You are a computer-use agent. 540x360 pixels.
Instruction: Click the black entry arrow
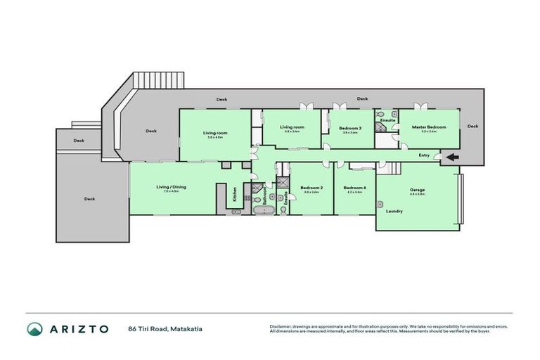coord(451,157)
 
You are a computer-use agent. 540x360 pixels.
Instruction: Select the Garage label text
coord(418,190)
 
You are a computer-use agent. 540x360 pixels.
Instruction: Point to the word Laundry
coord(394,210)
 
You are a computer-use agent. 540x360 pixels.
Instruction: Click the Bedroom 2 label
coord(311,187)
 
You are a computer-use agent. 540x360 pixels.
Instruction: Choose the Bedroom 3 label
coord(350,127)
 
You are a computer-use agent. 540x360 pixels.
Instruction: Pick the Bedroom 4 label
coord(354,187)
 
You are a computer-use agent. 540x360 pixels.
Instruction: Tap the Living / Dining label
coord(171,187)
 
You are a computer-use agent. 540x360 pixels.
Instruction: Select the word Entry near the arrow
coord(424,155)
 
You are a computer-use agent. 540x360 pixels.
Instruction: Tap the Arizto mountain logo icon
coord(34,329)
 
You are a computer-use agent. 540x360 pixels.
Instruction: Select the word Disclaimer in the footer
coord(281,326)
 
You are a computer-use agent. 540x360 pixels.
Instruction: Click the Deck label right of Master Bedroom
coord(472,127)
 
